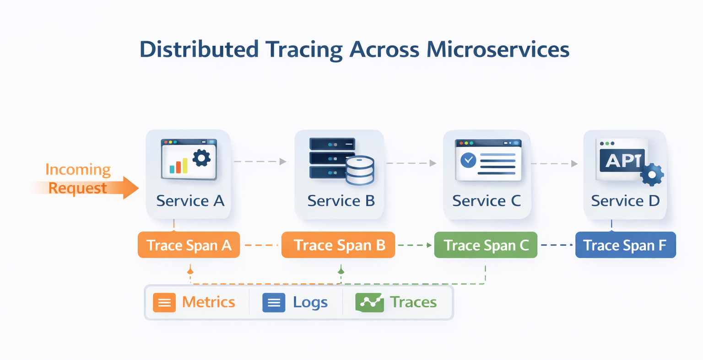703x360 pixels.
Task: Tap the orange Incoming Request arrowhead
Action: click(x=131, y=188)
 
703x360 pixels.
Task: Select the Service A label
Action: click(x=190, y=201)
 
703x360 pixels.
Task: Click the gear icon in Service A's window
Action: click(x=201, y=158)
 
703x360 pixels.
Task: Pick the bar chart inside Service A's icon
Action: click(x=178, y=166)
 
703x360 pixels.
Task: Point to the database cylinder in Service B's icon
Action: click(x=360, y=170)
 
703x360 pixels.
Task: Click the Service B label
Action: click(x=341, y=201)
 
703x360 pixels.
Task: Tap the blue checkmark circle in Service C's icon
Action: click(x=468, y=160)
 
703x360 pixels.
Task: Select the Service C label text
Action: click(x=487, y=201)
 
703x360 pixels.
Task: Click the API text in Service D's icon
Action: click(x=622, y=161)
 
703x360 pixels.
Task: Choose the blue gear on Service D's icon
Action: click(x=652, y=175)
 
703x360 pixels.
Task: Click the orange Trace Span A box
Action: click(x=189, y=245)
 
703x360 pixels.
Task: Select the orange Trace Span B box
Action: click(x=338, y=245)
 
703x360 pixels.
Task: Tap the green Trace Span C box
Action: click(x=486, y=245)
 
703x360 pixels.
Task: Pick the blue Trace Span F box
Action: click(x=625, y=245)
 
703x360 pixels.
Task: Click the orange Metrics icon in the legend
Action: click(x=164, y=302)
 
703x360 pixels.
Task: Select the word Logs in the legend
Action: click(x=310, y=302)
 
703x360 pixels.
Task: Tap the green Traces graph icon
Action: click(x=369, y=302)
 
